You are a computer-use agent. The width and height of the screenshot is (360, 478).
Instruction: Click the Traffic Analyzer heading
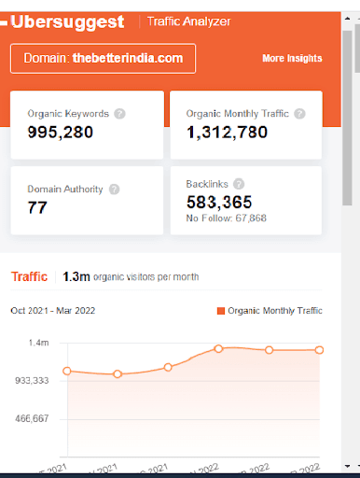pyautogui.click(x=189, y=21)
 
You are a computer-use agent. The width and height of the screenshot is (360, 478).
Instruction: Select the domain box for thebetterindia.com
pyautogui.click(x=104, y=58)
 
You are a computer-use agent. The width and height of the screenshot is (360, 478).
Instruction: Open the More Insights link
pyautogui.click(x=292, y=58)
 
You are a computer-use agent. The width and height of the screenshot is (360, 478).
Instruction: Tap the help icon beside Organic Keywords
pyautogui.click(x=119, y=114)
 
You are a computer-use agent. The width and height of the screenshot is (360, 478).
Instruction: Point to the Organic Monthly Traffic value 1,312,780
pyautogui.click(x=227, y=132)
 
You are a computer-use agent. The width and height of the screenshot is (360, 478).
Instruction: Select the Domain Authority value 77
pyautogui.click(x=37, y=206)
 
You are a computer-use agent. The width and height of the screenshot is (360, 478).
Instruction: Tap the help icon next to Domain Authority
pyautogui.click(x=114, y=189)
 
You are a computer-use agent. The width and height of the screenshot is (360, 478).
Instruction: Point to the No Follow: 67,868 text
pyautogui.click(x=226, y=219)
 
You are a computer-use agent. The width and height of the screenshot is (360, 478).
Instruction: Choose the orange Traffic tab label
pyautogui.click(x=29, y=276)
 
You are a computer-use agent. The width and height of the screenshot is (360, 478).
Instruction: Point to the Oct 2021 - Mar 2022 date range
pyautogui.click(x=52, y=310)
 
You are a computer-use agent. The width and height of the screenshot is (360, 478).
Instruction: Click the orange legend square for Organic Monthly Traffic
pyautogui.click(x=220, y=310)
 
